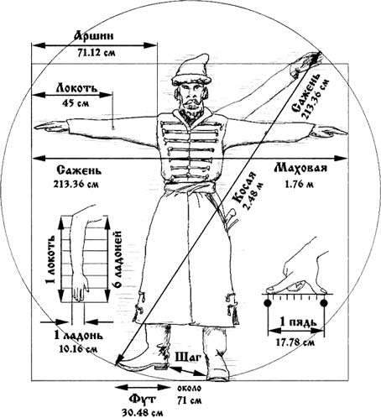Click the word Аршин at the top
pyautogui.click(x=94, y=36)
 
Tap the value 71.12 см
pyautogui.click(x=96, y=53)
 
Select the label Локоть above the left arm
pyautogui.click(x=77, y=87)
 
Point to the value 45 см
pyautogui.click(x=76, y=103)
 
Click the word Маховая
pyautogui.click(x=300, y=168)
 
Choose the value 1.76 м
pyautogui.click(x=300, y=184)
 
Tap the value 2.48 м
pyautogui.click(x=253, y=196)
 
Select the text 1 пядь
pyautogui.click(x=299, y=322)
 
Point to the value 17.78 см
pyautogui.click(x=295, y=342)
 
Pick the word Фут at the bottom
pyautogui.click(x=142, y=400)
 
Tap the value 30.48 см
pyautogui.click(x=143, y=413)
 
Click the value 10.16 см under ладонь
pyautogui.click(x=78, y=349)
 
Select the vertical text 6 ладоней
pyautogui.click(x=117, y=259)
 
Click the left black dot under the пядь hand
pyautogui.click(x=268, y=303)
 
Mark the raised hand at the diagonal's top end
pyautogui.click(x=305, y=63)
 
